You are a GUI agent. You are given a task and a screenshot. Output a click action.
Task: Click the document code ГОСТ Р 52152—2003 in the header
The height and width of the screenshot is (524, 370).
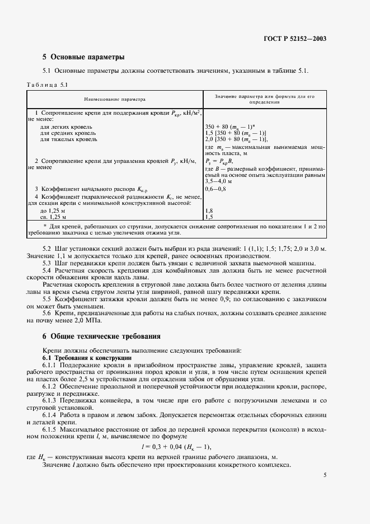(295, 39)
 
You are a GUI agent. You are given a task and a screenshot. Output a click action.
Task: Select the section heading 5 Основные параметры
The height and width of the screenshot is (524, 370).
(83, 57)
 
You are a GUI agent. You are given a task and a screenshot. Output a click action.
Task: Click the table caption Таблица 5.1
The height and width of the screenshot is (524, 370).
(47, 85)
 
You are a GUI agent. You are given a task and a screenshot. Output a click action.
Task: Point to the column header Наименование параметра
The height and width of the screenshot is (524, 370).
(114, 99)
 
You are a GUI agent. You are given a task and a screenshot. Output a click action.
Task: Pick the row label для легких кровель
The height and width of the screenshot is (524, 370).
(63, 127)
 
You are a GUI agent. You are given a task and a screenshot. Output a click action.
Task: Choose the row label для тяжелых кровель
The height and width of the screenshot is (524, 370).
(65, 139)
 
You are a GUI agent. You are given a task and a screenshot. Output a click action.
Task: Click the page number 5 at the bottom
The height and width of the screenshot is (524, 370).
(325, 475)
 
